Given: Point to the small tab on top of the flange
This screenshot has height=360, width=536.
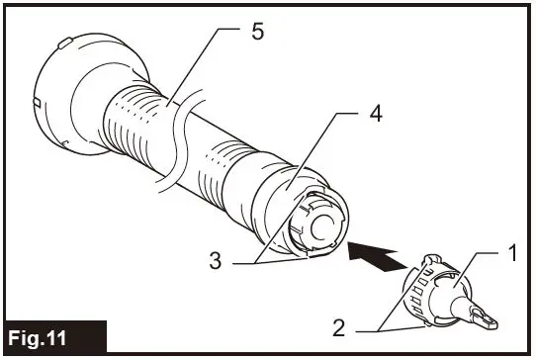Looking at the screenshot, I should pyautogui.click(x=64, y=43).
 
